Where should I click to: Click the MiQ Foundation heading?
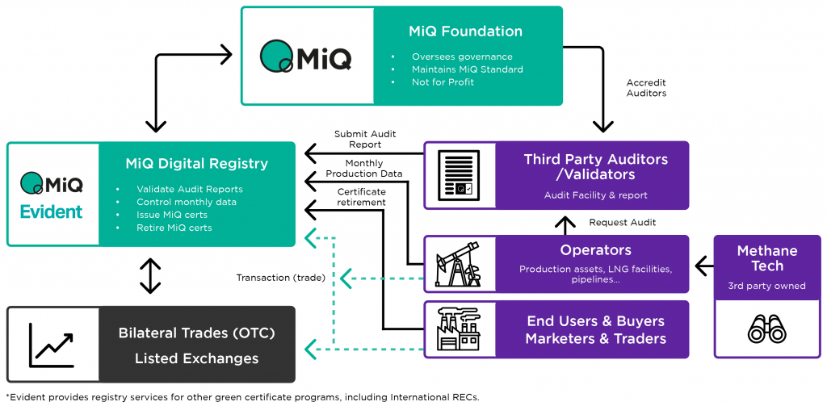click(465, 31)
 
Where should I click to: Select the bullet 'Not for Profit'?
click(443, 82)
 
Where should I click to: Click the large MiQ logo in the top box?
click(306, 56)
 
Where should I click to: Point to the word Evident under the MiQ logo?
click(52, 212)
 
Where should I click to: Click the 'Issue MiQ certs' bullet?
click(171, 215)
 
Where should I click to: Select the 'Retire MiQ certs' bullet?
click(174, 228)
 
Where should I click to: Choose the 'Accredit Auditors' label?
click(646, 88)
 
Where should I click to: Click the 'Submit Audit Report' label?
click(365, 140)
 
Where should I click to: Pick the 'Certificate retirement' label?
click(361, 197)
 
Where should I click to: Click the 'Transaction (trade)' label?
click(280, 278)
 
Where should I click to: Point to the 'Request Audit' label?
click(622, 222)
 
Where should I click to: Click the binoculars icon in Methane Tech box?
click(766, 327)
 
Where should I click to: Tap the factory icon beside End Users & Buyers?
click(458, 329)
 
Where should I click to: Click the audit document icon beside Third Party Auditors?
click(458, 176)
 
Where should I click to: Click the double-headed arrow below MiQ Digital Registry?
click(150, 275)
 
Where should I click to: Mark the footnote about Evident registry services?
click(242, 396)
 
